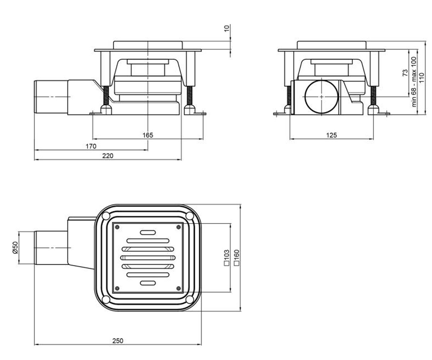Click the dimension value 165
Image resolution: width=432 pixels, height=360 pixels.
point(148,135)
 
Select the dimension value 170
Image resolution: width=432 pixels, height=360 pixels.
point(91,146)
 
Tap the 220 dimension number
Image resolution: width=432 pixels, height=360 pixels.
point(108,156)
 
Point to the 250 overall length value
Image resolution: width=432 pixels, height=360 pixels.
point(118,341)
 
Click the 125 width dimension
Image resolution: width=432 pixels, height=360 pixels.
point(332,135)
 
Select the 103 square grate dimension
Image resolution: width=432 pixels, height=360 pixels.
point(227,257)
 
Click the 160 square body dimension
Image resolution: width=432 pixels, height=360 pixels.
point(237,257)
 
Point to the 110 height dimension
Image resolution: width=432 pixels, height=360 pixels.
point(422,78)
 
